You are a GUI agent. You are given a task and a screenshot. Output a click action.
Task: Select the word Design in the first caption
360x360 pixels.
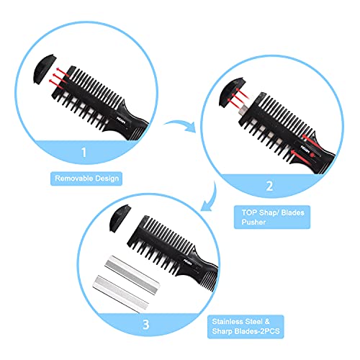tap(112, 176)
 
